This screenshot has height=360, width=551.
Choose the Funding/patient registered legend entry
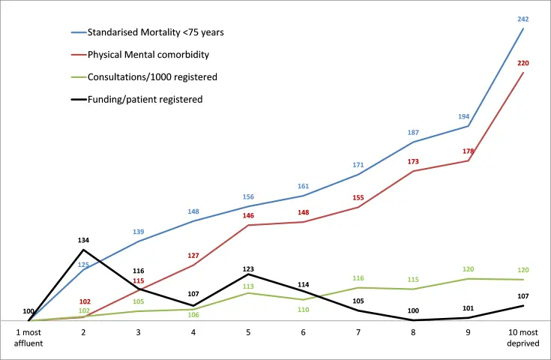145,98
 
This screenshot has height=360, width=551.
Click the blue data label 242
523,19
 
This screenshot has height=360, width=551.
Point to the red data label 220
523,63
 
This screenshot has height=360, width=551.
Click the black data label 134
83,240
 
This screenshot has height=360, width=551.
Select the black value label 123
249,266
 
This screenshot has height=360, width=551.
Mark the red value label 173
413,161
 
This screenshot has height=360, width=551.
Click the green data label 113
249,286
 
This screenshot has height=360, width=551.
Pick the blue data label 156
249,196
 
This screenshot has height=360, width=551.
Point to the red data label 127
193,256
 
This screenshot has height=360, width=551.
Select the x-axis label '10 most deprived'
523,336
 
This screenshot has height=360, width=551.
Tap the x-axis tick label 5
248,331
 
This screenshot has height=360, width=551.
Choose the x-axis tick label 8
413,331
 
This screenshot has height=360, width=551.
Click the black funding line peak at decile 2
83,250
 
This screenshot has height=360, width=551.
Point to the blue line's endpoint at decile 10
523,28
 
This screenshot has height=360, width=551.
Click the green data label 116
358,278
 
